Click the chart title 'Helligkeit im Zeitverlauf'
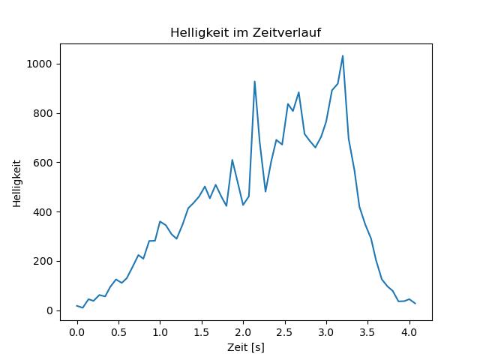coord(246,33)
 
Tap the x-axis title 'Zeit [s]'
coord(246,347)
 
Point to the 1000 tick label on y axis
coord(39,64)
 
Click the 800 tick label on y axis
coord(42,113)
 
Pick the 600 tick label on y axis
coord(42,163)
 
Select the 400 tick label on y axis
coord(42,212)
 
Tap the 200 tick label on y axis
coord(42,261)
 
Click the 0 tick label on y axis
coord(49,310)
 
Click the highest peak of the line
coord(343,55)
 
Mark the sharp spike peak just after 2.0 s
coord(254,81)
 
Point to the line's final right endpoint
coord(415,303)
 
